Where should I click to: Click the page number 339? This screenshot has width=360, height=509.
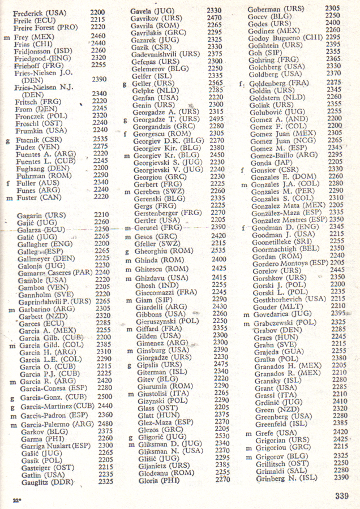341,496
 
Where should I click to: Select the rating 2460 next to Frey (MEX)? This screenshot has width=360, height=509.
98,36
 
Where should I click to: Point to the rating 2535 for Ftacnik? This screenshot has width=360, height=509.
100,138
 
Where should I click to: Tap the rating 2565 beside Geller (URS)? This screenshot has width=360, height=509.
216,83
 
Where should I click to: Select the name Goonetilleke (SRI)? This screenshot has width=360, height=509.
280,240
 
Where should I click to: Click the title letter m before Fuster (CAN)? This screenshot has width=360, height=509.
8,198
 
